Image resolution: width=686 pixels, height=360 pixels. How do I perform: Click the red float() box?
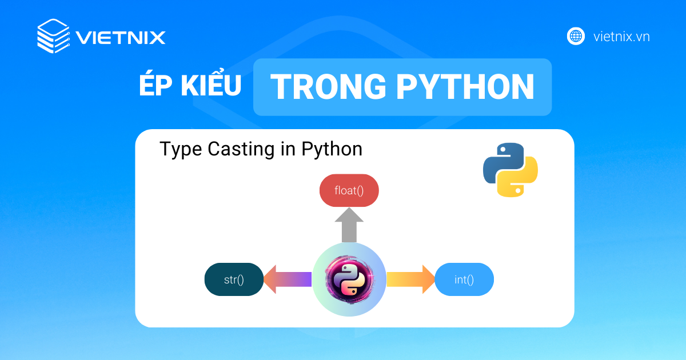[349, 190]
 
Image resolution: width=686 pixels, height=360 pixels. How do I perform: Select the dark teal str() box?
[234, 279]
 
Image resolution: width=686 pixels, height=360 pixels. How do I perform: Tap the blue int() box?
[464, 279]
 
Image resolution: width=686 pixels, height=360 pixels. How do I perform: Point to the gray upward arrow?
[349, 225]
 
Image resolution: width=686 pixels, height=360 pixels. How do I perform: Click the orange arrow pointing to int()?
[410, 279]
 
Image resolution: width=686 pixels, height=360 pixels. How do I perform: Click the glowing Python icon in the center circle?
[349, 279]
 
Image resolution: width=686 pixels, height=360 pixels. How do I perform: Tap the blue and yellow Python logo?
[510, 170]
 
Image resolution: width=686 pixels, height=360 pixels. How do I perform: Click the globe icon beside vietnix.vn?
[576, 37]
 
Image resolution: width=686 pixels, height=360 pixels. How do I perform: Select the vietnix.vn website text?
[621, 37]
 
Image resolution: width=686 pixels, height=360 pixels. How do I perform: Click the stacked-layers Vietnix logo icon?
[54, 36]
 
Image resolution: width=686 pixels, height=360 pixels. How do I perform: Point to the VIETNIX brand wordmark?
[121, 38]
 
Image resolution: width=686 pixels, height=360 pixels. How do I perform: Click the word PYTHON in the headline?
[465, 87]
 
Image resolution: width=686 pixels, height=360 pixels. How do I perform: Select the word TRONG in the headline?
[328, 87]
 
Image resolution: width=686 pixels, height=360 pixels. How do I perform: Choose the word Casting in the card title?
[241, 149]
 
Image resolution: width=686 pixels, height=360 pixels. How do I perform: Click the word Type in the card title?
[181, 150]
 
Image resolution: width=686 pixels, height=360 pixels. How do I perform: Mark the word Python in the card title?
[332, 150]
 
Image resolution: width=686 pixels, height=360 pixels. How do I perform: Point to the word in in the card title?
[288, 149]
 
